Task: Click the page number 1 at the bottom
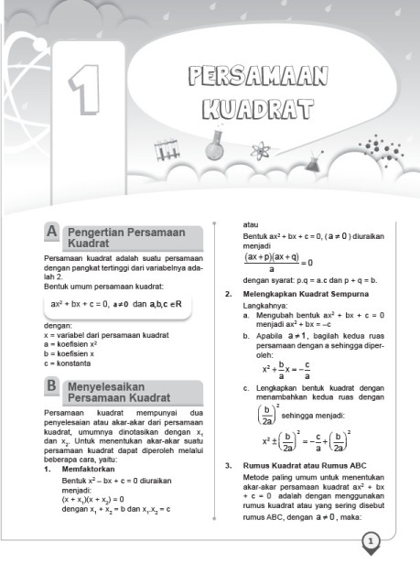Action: tap(371, 544)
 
